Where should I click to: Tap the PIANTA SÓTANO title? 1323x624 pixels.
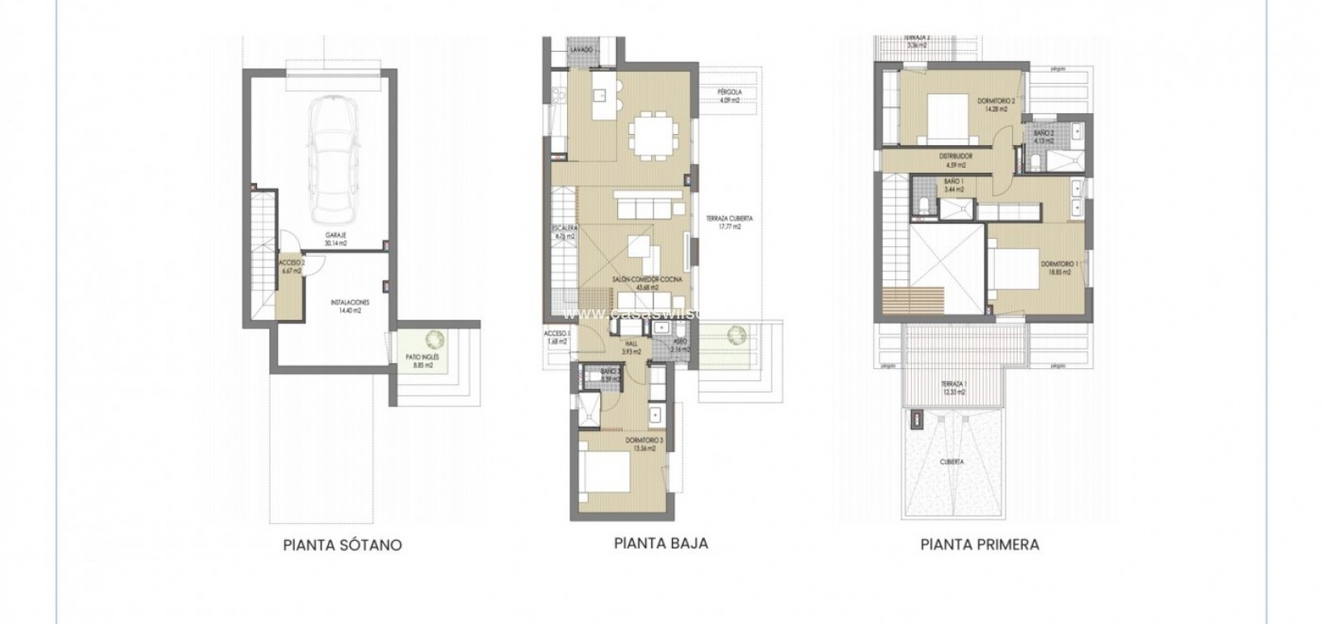point(342,545)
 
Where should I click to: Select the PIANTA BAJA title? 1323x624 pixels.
point(661,543)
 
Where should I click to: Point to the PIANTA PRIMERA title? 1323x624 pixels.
point(979,545)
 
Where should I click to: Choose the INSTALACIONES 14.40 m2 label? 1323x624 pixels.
point(350,306)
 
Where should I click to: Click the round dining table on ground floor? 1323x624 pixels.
point(654,132)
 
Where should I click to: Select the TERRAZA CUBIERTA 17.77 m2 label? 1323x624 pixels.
point(723,223)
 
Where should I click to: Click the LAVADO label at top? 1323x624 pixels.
point(582,50)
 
